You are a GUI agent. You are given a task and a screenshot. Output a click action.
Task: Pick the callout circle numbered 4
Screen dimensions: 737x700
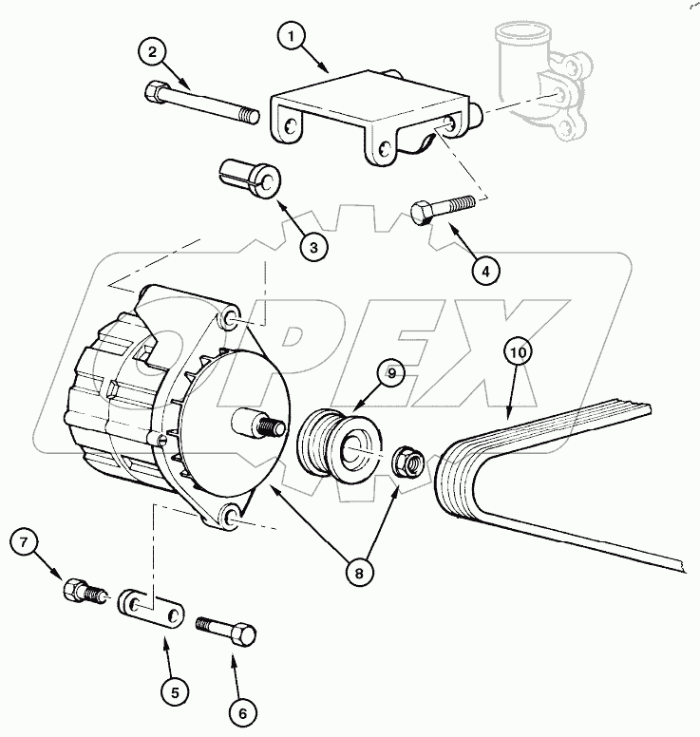(484, 270)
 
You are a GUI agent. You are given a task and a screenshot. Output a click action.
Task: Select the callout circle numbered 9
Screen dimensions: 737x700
(390, 373)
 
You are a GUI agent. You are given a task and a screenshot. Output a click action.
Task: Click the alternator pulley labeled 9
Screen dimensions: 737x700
(339, 442)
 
